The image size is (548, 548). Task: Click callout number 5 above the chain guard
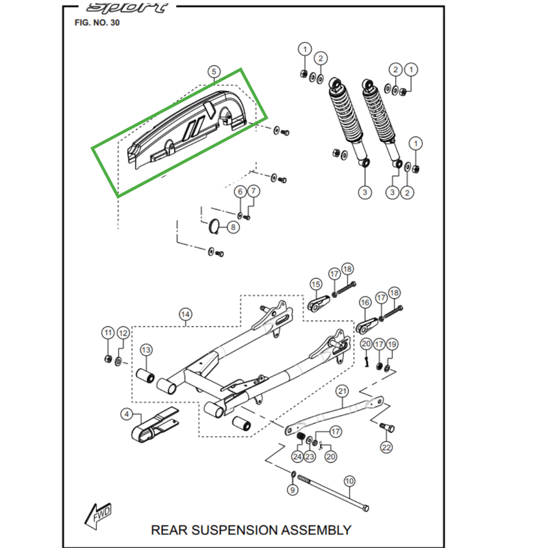[x=214, y=72]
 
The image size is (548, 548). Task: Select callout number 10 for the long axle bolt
[x=349, y=481]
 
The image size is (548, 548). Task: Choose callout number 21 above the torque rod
[x=343, y=391]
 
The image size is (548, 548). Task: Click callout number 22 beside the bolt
[x=386, y=447]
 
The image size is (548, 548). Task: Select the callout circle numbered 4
[x=126, y=413]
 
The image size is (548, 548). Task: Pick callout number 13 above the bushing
[x=146, y=350]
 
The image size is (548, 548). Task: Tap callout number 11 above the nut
[x=108, y=333]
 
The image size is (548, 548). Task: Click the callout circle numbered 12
[x=123, y=333]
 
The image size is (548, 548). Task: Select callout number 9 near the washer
[x=292, y=490]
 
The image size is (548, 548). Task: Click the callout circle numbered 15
[x=316, y=284]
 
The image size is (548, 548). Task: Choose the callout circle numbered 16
[x=364, y=301]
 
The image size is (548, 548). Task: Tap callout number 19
[x=392, y=344]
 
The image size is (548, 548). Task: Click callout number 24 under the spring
[x=297, y=456]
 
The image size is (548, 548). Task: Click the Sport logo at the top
[x=128, y=8]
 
